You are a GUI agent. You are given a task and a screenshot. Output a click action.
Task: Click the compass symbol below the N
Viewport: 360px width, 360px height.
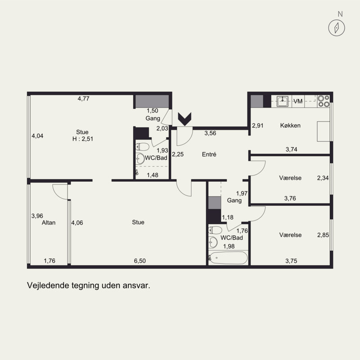pyautogui.click(x=337, y=28)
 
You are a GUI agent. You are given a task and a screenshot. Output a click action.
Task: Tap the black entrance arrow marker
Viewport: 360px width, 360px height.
pyautogui.click(x=185, y=119)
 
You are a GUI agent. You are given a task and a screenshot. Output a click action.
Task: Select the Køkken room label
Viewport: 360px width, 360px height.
pyautogui.click(x=290, y=126)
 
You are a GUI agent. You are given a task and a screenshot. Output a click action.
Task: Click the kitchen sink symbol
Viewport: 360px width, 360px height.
pyautogui.click(x=283, y=101)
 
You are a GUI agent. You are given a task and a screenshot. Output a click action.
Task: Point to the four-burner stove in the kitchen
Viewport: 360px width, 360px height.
pyautogui.click(x=324, y=101)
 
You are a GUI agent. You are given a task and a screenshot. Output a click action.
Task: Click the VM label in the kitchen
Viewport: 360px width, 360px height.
pyautogui.click(x=298, y=101)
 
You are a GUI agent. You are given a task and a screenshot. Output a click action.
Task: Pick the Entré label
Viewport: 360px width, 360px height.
pyautogui.click(x=209, y=154)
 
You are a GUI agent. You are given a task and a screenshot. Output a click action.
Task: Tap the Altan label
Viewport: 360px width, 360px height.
pyautogui.click(x=49, y=222)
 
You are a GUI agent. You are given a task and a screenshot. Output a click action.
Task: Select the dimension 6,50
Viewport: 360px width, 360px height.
pyautogui.click(x=140, y=261)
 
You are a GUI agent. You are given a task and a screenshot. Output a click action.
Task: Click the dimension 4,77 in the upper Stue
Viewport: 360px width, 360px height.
pyautogui.click(x=83, y=99)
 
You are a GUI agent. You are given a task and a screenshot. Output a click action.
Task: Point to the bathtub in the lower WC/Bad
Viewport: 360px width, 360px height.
pyautogui.click(x=229, y=258)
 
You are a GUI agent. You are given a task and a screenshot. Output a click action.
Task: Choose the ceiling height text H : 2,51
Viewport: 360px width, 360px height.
pyautogui.click(x=83, y=139)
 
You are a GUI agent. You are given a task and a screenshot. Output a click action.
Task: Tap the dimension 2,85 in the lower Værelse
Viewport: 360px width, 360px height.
pyautogui.click(x=323, y=235)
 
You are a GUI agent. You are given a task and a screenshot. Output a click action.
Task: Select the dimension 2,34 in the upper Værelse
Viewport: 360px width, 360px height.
pyautogui.click(x=323, y=178)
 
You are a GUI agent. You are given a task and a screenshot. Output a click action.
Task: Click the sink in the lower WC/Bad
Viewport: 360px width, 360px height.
pyautogui.click(x=213, y=242)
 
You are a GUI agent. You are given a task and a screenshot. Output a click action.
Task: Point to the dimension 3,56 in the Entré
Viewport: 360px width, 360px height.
pyautogui.click(x=210, y=133)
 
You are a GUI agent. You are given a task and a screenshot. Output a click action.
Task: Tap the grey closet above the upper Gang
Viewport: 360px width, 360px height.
pyautogui.click(x=152, y=101)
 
